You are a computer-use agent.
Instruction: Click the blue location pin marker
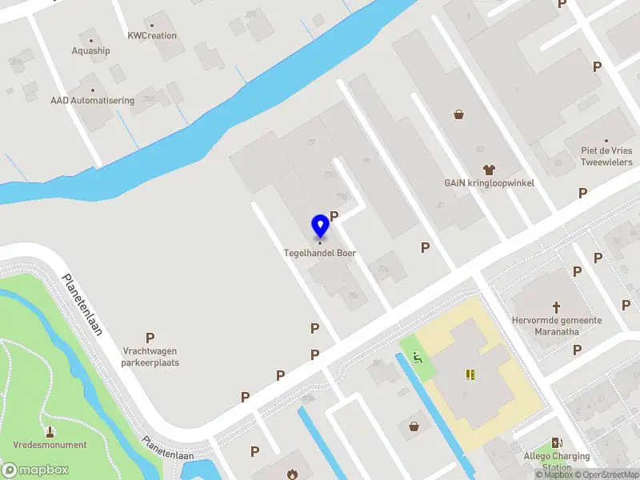coord(320,226)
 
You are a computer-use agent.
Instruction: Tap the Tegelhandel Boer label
coord(320,253)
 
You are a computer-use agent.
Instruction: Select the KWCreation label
coord(152,36)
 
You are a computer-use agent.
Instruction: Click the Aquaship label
coord(90,50)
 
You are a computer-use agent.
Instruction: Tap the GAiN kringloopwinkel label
coord(489,182)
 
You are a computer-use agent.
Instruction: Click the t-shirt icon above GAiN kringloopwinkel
coord(489,170)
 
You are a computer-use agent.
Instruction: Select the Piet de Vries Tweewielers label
coord(606,156)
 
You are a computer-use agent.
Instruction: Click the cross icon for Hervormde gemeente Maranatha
coord(557,307)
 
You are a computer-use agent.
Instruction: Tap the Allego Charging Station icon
coord(557,442)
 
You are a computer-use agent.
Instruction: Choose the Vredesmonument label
coord(50,445)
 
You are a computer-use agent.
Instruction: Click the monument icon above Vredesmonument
coord(50,410)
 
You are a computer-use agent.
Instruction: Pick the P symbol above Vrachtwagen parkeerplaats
coord(150,338)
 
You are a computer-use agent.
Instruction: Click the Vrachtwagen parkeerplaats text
coord(150,357)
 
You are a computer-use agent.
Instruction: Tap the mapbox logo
coord(35,470)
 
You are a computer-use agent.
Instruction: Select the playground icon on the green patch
coord(415,357)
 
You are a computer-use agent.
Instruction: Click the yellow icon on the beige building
coord(470,374)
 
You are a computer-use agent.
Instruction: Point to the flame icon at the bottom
coord(293,474)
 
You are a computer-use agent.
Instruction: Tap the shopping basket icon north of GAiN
coord(459,114)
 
